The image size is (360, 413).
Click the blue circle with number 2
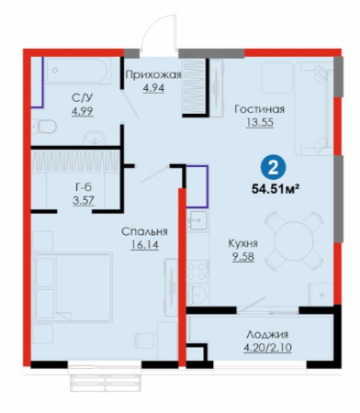pos(273,168)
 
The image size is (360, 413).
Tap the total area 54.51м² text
pos(275,189)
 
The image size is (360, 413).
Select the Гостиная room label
pos(260,109)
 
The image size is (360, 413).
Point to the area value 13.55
pos(260,123)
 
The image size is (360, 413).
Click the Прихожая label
pos(153,74)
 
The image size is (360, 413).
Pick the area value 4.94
pos(153,88)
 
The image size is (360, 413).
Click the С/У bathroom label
pos(82,98)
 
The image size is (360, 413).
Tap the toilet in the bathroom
pos(45,127)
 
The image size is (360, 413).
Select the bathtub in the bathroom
pos(78,71)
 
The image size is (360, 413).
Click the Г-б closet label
pos(84,187)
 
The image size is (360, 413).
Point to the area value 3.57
pos(84,201)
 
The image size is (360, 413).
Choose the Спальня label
pos(144,231)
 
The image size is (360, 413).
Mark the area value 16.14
pos(144,245)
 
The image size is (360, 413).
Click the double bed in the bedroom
pos(73,287)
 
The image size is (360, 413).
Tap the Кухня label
pos(243,243)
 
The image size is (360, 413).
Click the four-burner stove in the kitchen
pos(197,272)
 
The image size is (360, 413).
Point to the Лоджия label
pos(267,334)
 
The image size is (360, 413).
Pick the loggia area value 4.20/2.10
pos(267,348)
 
